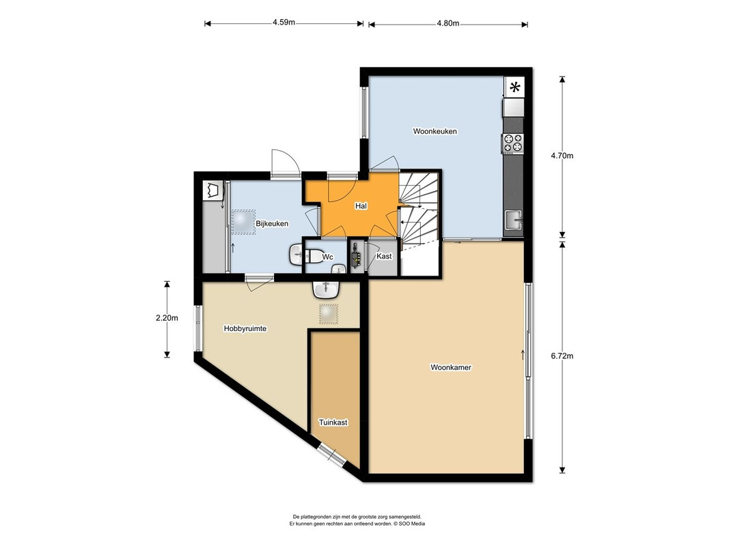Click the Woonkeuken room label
[x=435, y=132]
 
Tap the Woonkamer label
[x=450, y=367]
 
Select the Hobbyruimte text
[x=245, y=329]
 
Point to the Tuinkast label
[x=333, y=422]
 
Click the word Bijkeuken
[x=272, y=223]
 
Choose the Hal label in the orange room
[x=361, y=205]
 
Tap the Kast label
[x=384, y=257]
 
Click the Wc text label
[x=328, y=257]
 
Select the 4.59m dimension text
[x=284, y=23]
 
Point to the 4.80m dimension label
[x=448, y=23]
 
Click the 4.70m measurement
[x=562, y=156]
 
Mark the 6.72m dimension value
[x=562, y=356]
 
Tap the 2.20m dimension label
[x=167, y=318]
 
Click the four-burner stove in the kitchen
[x=513, y=143]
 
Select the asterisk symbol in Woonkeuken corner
[x=514, y=87]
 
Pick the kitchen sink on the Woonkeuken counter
[x=513, y=220]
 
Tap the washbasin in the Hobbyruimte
[x=327, y=289]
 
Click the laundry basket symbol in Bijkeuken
[x=213, y=190]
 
